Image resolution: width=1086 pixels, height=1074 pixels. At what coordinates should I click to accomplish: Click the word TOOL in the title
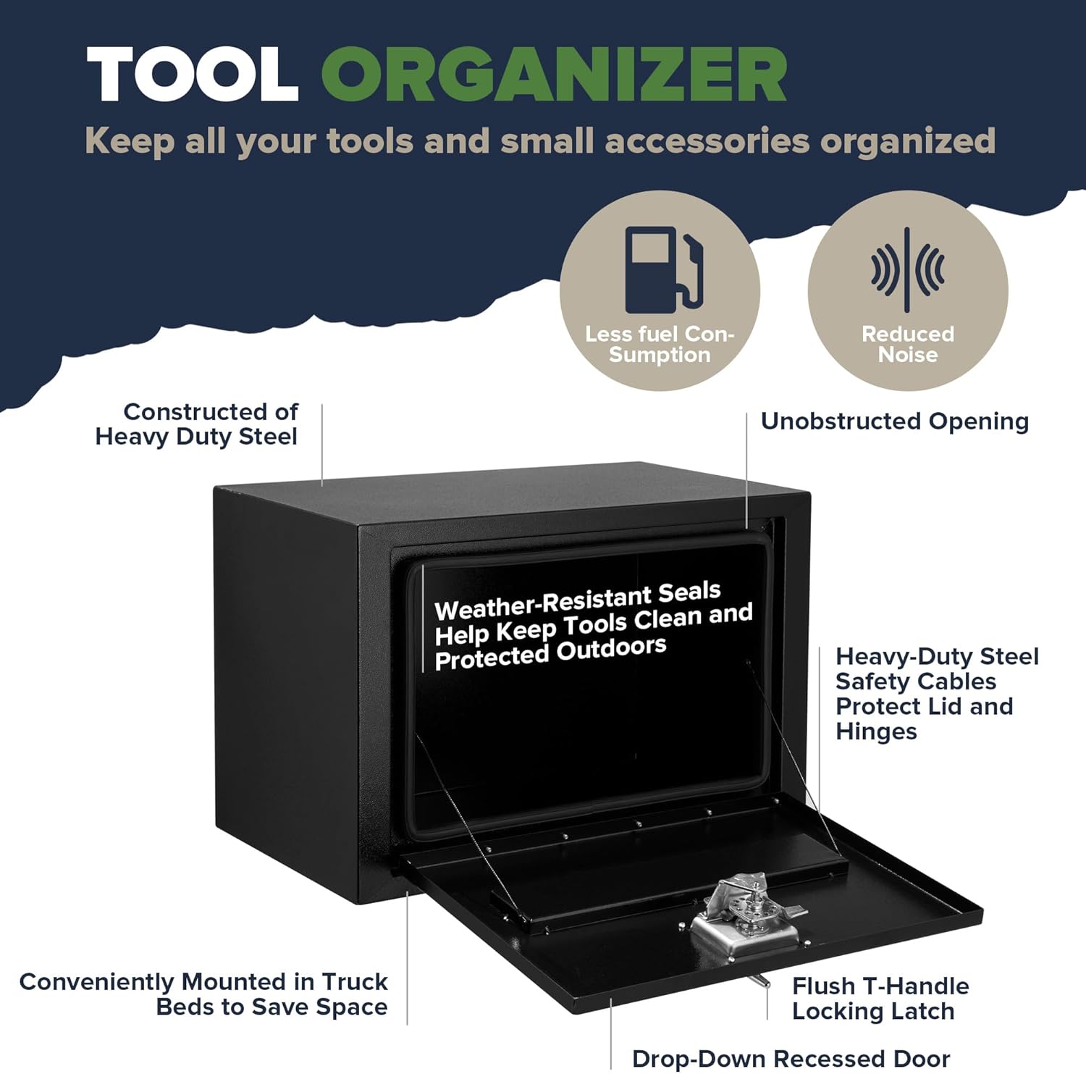tap(193, 75)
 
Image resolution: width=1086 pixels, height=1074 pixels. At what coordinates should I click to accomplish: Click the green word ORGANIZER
tap(554, 75)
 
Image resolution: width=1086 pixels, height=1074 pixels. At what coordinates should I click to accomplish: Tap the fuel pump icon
tap(664, 269)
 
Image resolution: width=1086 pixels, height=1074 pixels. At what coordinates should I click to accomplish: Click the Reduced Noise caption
tap(908, 344)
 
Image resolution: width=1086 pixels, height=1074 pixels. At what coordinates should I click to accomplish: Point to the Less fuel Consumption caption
tap(660, 344)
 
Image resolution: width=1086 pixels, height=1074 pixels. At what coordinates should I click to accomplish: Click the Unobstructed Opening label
tap(895, 421)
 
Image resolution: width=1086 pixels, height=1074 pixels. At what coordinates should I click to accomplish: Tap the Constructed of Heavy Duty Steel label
tap(197, 424)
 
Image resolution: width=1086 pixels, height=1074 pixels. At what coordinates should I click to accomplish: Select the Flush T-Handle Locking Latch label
tap(880, 998)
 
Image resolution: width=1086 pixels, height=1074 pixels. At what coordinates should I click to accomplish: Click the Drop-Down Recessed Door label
tap(791, 1058)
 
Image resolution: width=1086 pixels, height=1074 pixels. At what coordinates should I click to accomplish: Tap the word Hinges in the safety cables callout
tap(876, 731)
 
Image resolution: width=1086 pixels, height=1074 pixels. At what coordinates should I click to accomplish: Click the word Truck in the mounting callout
tap(355, 981)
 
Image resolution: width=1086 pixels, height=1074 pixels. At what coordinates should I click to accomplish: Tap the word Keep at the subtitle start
tap(130, 142)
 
